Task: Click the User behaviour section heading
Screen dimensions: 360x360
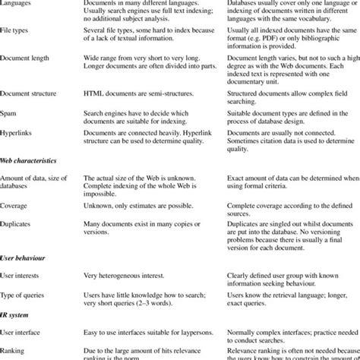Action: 23,258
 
